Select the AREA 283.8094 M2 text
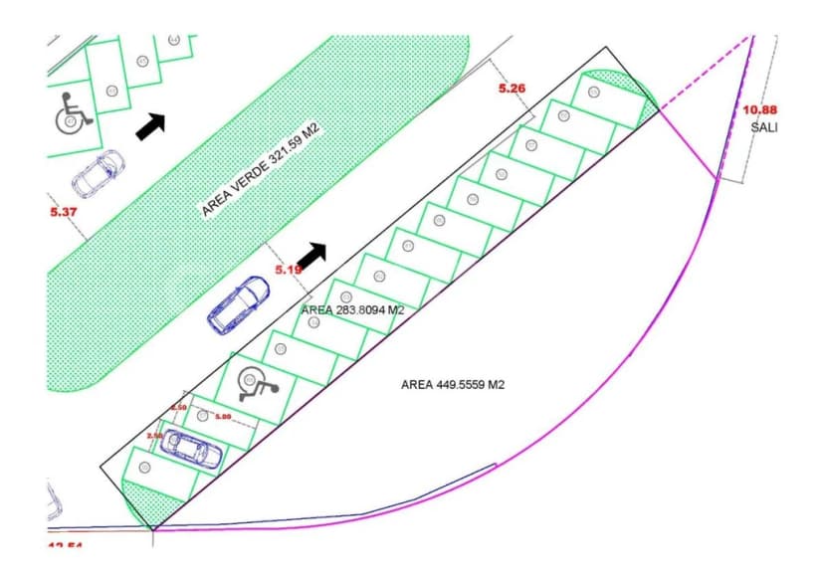point(352,309)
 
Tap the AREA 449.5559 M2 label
point(453,384)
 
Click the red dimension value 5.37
point(62,211)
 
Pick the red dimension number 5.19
point(289,269)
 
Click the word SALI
point(764,128)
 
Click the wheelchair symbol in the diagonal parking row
point(255,381)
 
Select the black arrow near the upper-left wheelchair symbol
point(149,125)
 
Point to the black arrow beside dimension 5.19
point(311,256)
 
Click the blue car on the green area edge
point(238,304)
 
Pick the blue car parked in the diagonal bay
point(191,450)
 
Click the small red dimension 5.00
point(222,416)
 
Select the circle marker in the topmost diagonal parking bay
point(594,92)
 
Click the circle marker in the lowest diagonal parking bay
point(145,467)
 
